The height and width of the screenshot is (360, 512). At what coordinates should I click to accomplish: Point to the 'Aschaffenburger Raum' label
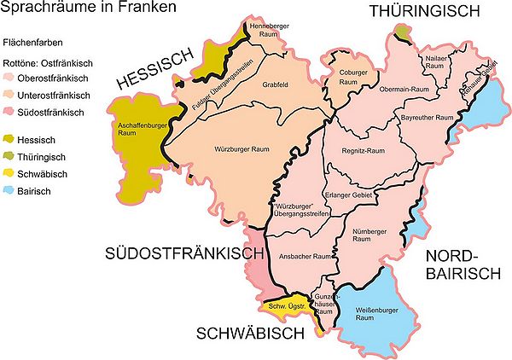pos(133,130)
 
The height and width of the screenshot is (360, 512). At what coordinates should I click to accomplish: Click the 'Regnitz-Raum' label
pos(369,150)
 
